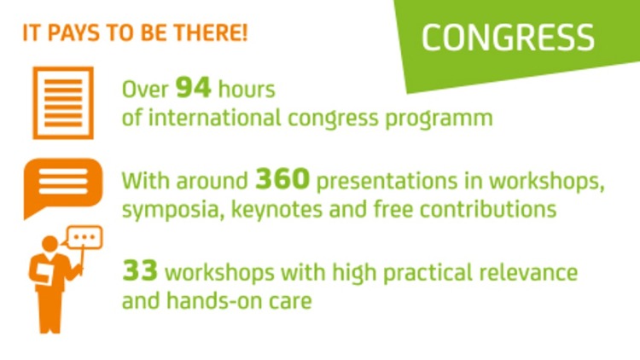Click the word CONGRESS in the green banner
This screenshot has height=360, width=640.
[508, 38]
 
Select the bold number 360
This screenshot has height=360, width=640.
[278, 180]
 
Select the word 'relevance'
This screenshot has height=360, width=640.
[525, 273]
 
